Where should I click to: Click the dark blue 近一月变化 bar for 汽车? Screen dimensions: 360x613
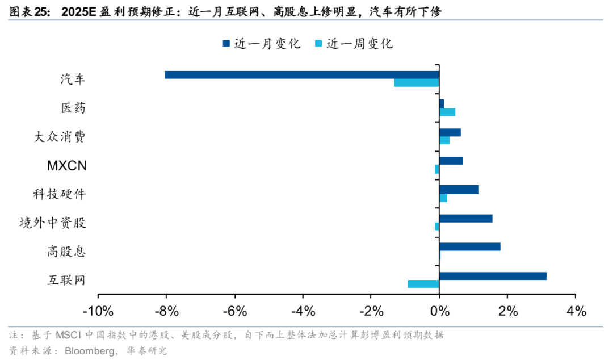coord(301,74)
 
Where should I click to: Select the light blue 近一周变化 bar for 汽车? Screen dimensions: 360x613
coord(416,83)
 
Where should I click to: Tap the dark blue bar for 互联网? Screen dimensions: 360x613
coord(493,276)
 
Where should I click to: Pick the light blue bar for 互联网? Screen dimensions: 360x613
coord(423,284)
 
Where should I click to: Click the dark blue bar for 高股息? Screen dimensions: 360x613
coord(469,247)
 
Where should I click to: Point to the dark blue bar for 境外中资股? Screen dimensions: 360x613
coord(465,218)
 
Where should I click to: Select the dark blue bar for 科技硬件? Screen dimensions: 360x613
coord(459,190)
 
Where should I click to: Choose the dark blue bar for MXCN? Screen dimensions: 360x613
coord(451,161)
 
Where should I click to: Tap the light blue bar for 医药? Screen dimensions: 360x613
coord(447,112)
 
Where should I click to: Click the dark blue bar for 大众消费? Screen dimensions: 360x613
coord(450,132)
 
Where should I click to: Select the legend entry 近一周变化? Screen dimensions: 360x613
coord(352,44)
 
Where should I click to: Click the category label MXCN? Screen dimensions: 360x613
coord(66,165)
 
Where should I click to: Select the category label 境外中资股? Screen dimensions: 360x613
coord(52,222)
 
